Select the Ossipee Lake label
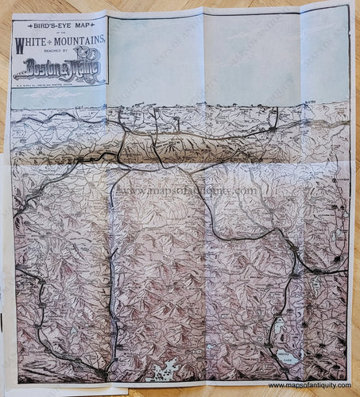tap(287, 357)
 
